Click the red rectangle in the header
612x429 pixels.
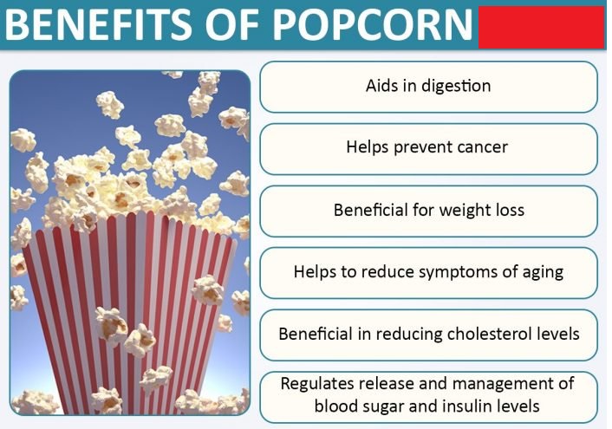[541, 24]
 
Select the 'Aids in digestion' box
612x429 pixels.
[428, 87]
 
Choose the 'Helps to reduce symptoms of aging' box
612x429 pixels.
[428, 272]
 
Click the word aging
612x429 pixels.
[544, 272]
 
